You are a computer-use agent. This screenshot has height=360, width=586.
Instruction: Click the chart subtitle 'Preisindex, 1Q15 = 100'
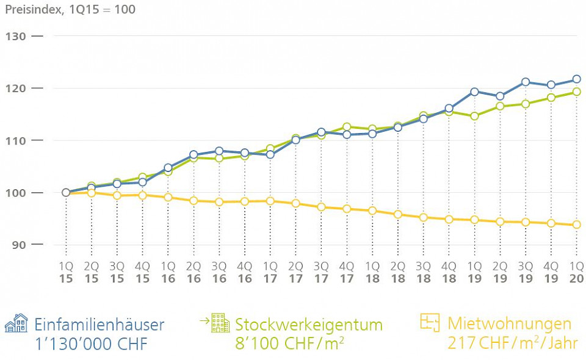[x=70, y=10]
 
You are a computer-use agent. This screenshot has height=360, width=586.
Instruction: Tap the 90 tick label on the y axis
[x=18, y=245]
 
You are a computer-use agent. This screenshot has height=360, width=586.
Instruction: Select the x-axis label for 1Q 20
[x=576, y=272]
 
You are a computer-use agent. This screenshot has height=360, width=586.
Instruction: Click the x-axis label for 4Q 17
[x=346, y=272]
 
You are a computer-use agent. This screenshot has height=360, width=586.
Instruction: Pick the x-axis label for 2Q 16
[x=194, y=272]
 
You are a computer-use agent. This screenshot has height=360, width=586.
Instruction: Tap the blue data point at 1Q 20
[x=576, y=79]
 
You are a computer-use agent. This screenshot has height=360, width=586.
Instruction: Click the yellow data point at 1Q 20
[x=576, y=225]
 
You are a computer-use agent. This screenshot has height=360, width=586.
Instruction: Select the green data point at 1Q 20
[x=576, y=92]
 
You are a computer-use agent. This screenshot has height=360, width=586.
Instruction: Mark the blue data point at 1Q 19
[x=474, y=92]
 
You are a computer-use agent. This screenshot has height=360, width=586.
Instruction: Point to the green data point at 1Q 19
[x=474, y=116]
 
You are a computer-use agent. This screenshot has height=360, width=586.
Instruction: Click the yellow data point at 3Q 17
[x=321, y=207]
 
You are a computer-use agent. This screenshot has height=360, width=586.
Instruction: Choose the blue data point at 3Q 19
[x=526, y=82]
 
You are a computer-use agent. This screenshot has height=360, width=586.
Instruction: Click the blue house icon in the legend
[x=16, y=323]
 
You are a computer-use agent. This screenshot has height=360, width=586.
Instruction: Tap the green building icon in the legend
[x=220, y=323]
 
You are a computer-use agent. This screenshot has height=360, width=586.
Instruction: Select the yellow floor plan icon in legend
[x=430, y=323]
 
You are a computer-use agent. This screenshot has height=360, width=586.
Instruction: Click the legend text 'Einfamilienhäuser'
[x=99, y=324]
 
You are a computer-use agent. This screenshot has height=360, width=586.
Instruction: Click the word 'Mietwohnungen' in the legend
[x=510, y=323]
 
